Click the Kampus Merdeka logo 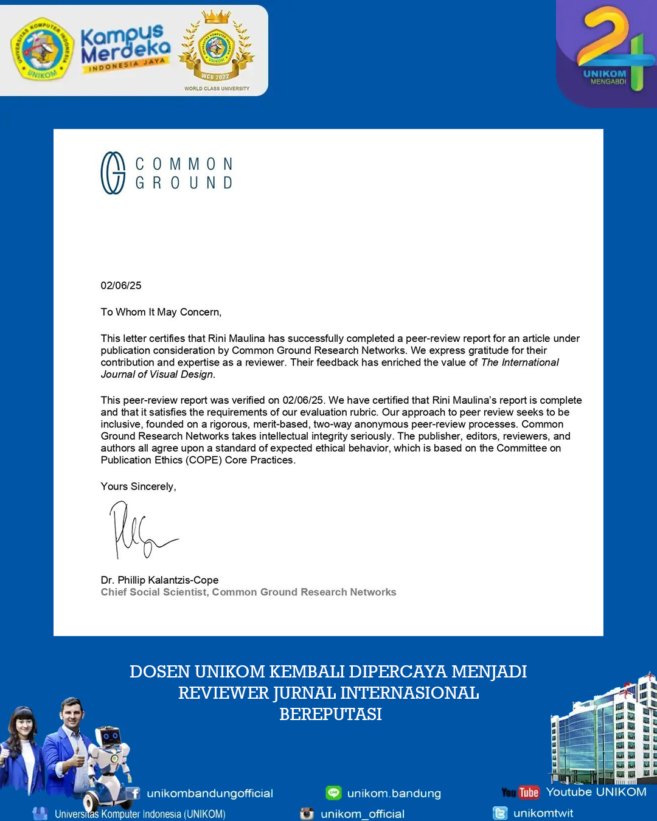tap(125, 49)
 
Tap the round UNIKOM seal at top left tap(42, 49)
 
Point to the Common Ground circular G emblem tap(113, 173)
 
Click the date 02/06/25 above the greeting tap(121, 285)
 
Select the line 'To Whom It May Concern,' tap(161, 312)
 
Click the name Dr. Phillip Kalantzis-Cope tap(159, 580)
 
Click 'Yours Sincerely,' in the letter tap(138, 487)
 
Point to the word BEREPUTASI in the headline tap(330, 714)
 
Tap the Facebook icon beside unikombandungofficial tap(133, 793)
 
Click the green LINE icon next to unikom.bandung tap(333, 793)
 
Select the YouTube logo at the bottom tap(521, 792)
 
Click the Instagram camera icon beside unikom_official tap(307, 814)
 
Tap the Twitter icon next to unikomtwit tap(500, 813)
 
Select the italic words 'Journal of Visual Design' tap(157, 375)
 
